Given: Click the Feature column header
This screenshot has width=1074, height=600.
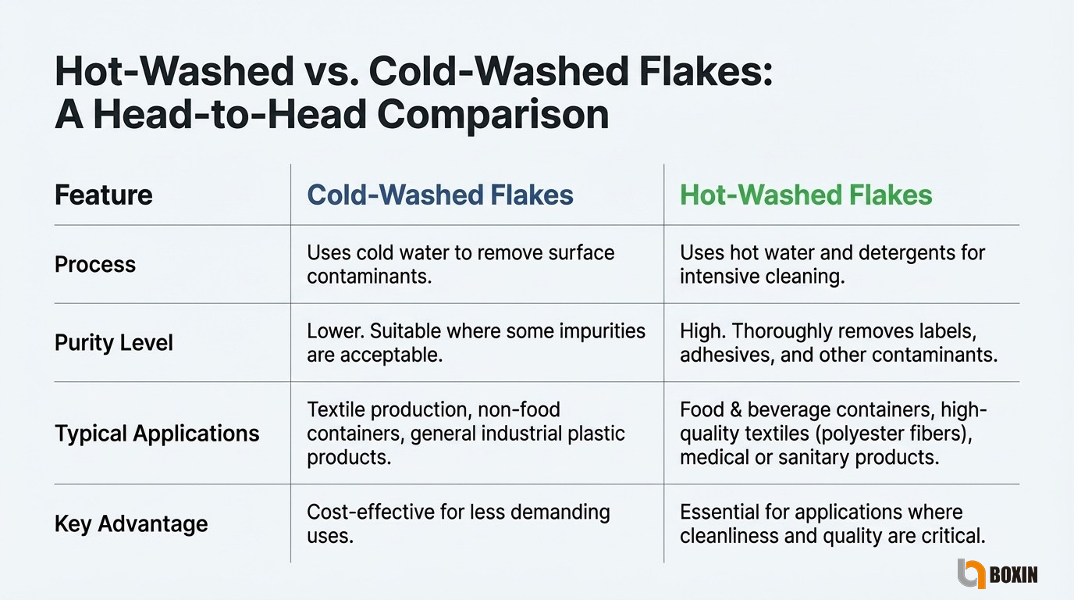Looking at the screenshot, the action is point(104,195).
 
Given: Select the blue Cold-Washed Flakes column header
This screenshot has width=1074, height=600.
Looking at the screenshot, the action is point(440,195).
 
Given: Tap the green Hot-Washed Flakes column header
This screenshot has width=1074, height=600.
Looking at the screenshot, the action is point(806,195).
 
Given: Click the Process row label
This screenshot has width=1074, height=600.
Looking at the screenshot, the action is point(95,264).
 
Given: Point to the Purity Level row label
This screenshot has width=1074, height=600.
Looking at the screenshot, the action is point(114,343).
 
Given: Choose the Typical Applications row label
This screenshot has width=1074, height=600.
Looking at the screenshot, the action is point(157,434).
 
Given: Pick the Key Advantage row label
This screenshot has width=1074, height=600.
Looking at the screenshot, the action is point(131,523).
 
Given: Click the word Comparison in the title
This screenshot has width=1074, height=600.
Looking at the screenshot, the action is point(493,116).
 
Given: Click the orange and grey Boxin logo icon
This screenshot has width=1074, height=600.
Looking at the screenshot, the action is point(972,573).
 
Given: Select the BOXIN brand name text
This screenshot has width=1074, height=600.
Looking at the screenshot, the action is point(1014,574).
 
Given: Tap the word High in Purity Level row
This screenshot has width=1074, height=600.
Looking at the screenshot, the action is point(702,331).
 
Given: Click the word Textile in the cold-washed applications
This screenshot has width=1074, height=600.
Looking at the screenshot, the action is point(336,410).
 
